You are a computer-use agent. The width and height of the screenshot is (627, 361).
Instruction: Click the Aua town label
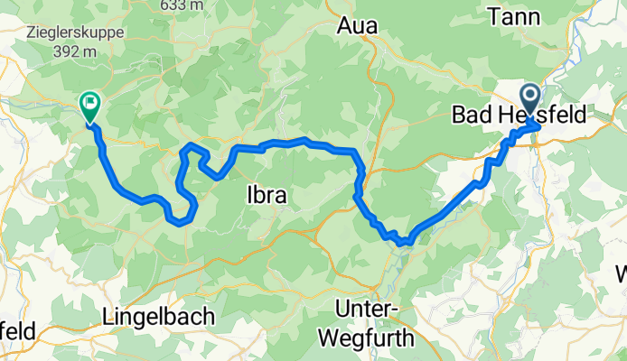pyautogui.click(x=357, y=26)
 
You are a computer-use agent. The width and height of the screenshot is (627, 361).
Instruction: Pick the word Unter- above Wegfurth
pyautogui.click(x=366, y=310)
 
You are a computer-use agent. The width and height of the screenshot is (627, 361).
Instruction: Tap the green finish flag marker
pyautogui.click(x=90, y=106)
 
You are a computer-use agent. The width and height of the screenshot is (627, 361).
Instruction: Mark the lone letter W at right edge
pyautogui.click(x=622, y=273)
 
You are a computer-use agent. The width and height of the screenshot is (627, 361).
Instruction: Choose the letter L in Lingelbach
pyautogui.click(x=109, y=317)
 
